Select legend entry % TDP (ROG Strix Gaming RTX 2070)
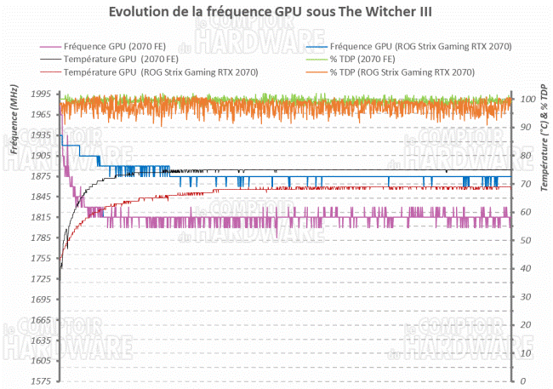[x=408, y=73]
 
